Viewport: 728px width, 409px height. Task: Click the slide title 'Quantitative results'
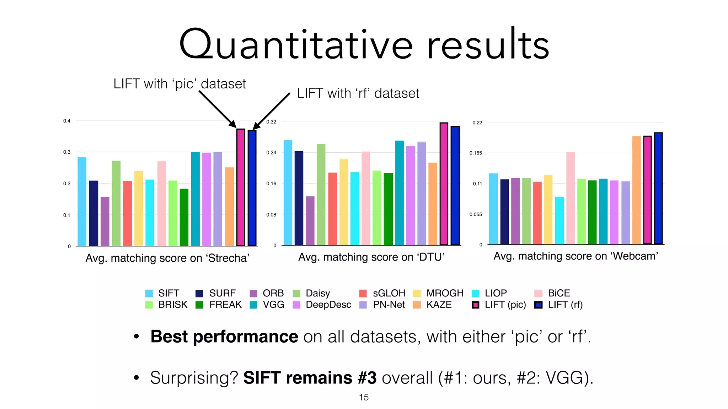pos(364,44)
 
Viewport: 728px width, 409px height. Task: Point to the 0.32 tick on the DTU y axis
pos(271,122)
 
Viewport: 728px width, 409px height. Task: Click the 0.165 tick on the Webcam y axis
pos(476,153)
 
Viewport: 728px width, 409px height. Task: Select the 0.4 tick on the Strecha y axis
pos(67,121)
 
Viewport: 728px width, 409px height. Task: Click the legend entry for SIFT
pos(168,293)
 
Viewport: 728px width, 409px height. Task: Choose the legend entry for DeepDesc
pos(328,305)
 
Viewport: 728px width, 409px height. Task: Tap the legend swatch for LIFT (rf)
pos(539,305)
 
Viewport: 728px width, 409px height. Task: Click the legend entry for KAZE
pos(439,305)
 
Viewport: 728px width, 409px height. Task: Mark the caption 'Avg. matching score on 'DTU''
pos(371,257)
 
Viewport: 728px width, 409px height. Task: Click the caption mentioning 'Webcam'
pos(576,256)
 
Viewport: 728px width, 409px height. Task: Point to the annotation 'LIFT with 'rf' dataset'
pos(358,93)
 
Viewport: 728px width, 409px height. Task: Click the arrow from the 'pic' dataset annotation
pos(217,109)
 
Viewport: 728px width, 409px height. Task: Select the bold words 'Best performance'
pos(224,337)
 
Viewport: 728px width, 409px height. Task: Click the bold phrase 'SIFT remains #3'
pos(310,378)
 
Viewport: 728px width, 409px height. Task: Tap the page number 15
pos(364,397)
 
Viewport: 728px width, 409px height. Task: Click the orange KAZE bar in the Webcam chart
pos(636,190)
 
